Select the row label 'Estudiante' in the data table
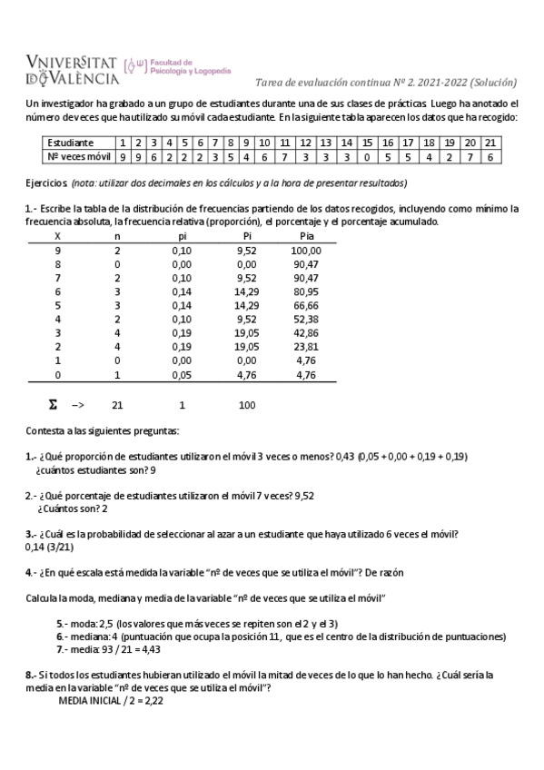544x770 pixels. click(71, 143)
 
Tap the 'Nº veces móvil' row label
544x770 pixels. click(77, 156)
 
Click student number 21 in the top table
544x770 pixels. click(490, 143)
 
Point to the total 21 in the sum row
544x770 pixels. click(117, 405)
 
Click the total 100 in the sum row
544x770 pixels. click(247, 405)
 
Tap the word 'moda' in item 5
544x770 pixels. click(84, 625)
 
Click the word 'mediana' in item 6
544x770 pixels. click(92, 637)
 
